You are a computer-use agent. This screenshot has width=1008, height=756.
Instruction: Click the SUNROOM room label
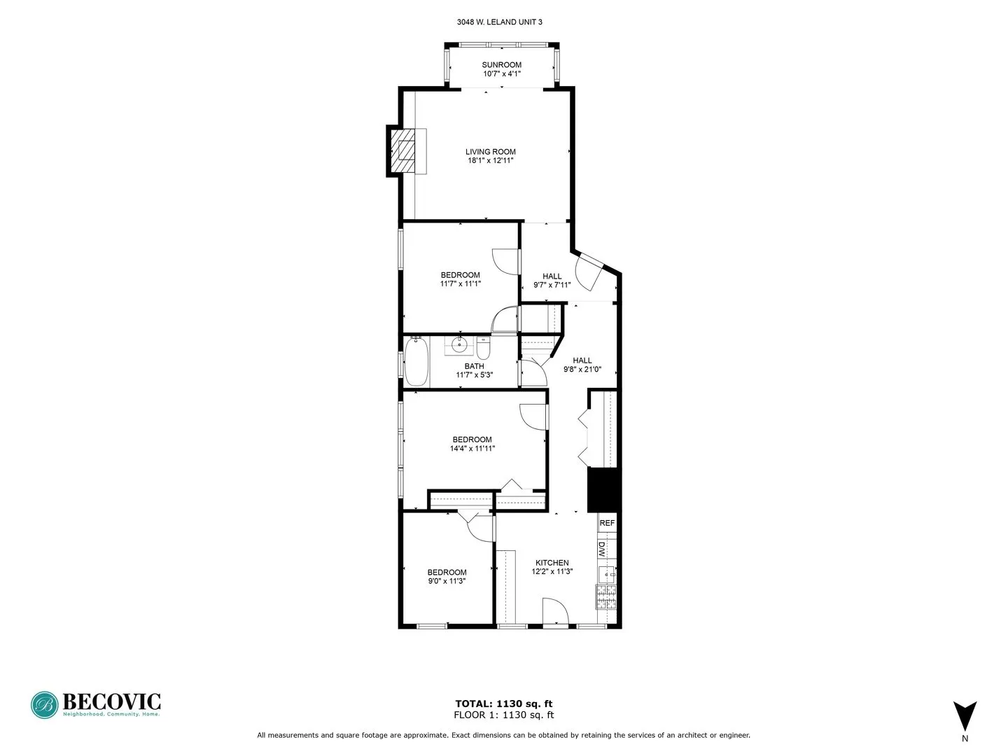(x=502, y=64)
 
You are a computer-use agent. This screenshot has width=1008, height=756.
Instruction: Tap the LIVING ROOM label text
(x=491, y=151)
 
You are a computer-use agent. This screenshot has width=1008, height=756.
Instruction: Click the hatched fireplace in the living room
(x=404, y=150)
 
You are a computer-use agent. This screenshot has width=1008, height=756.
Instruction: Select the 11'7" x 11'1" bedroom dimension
(x=461, y=284)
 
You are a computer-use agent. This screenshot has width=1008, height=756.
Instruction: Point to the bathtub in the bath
(x=416, y=361)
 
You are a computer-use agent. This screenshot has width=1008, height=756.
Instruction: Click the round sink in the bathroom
(x=460, y=344)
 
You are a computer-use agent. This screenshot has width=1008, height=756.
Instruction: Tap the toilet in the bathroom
(x=484, y=348)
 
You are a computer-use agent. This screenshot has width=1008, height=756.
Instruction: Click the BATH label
(x=474, y=366)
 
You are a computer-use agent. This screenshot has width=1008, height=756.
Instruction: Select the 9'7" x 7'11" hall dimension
(x=552, y=285)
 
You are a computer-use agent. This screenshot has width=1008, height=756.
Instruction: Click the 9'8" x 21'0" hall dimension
(x=582, y=370)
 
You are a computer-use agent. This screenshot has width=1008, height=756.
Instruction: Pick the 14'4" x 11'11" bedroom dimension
(x=472, y=449)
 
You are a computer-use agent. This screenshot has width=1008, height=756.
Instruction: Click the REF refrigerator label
(x=607, y=523)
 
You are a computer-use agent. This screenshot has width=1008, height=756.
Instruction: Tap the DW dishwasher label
(x=601, y=548)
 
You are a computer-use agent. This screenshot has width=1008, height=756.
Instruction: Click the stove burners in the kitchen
(x=605, y=596)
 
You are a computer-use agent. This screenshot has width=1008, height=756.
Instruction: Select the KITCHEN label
(x=552, y=563)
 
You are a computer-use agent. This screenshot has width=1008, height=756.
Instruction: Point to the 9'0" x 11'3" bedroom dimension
(x=447, y=581)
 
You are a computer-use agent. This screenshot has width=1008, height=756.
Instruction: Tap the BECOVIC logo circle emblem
(x=44, y=705)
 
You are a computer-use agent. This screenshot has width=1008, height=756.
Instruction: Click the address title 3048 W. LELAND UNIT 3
(x=499, y=22)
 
